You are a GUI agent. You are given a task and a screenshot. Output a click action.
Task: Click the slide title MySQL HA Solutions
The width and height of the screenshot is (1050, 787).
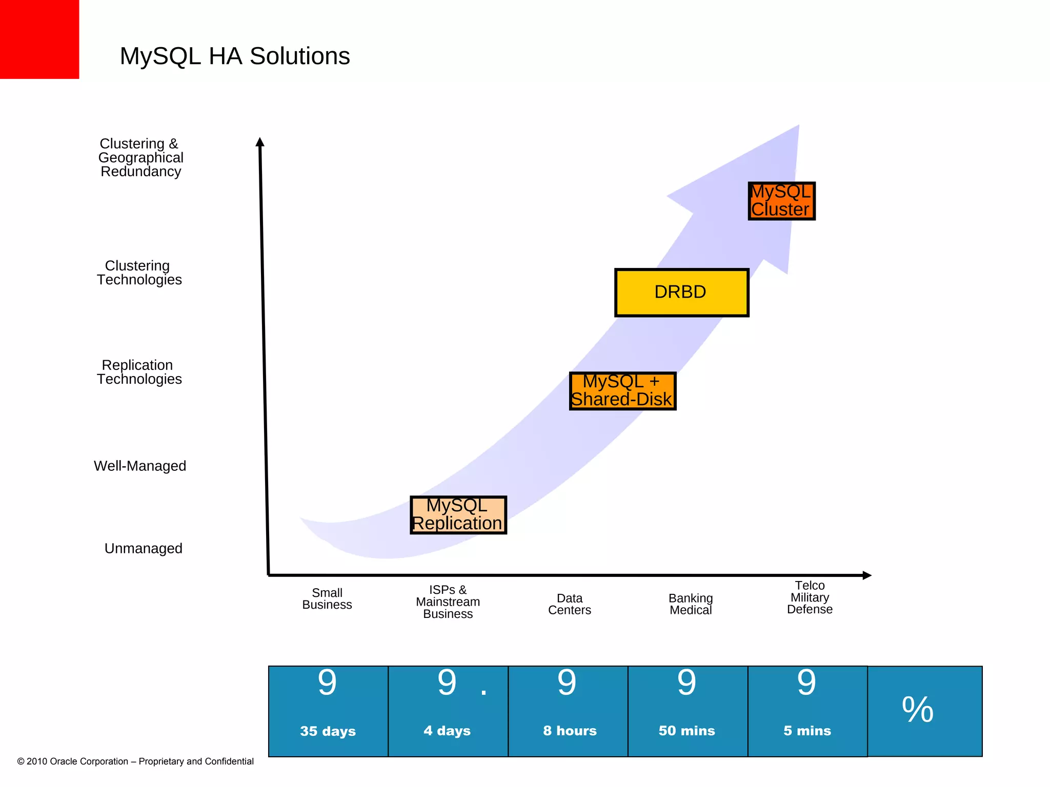pos(234,56)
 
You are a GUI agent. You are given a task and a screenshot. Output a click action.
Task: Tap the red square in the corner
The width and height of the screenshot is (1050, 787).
pos(39,39)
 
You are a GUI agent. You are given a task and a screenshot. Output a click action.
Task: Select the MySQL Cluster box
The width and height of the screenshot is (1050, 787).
pos(781,201)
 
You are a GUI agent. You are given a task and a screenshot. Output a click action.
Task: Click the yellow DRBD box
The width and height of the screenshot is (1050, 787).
pos(681,293)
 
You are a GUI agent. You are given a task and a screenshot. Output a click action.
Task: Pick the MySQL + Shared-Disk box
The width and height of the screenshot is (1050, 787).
pos(622,391)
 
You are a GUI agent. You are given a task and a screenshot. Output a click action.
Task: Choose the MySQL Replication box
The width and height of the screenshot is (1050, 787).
pos(458,515)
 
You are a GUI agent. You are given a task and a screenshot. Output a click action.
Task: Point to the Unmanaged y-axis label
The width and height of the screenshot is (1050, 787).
pos(143,548)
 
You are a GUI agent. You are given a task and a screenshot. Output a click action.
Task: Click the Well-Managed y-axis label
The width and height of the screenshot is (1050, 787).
pos(140,466)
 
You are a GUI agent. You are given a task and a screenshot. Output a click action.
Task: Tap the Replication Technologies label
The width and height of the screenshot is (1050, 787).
pos(139,372)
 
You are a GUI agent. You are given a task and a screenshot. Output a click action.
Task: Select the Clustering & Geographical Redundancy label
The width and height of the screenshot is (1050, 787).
pos(140,157)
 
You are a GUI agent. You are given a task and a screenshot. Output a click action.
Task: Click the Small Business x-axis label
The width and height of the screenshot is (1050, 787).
pos(327,598)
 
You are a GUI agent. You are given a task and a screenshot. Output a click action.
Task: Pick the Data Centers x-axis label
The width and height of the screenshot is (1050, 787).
pos(569,604)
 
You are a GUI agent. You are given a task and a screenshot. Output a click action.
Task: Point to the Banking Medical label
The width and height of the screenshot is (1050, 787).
pos(691,604)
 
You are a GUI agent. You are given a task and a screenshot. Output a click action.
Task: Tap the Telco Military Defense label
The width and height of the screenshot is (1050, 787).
pos(810,597)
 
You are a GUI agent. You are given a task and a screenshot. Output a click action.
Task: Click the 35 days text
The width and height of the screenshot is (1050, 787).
pos(328,731)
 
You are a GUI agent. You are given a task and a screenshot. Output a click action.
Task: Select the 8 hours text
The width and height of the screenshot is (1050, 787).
pos(570,731)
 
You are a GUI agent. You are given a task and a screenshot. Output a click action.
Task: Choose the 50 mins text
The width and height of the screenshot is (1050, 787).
pos(686,731)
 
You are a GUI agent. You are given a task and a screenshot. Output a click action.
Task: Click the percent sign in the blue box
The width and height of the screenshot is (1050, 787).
pos(917,710)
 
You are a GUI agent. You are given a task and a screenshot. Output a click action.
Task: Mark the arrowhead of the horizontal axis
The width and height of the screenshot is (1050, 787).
pos(867,575)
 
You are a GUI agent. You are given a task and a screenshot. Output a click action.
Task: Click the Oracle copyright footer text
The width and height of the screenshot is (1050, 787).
pos(135,761)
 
